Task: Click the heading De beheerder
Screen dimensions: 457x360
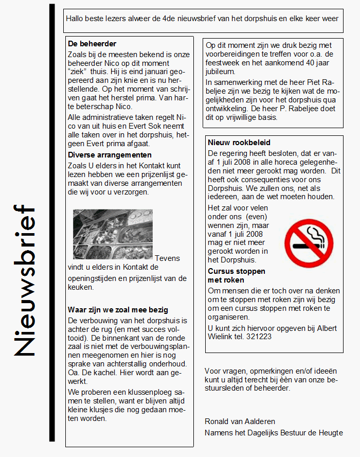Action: tap(92, 44)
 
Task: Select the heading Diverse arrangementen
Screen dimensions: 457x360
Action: tap(110, 155)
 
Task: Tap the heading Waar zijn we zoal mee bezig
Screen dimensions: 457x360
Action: tap(118, 310)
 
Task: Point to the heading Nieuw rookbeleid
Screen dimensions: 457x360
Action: tap(239, 143)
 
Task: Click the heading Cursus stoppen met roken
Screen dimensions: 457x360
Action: tap(237, 275)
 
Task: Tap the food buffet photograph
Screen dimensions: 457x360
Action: tap(113, 234)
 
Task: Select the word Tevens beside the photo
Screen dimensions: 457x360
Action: tap(168, 258)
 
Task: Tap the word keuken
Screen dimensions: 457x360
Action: tap(81, 287)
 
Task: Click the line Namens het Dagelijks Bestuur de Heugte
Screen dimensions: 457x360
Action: tap(274, 432)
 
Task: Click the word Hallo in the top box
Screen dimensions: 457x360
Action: tap(75, 19)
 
